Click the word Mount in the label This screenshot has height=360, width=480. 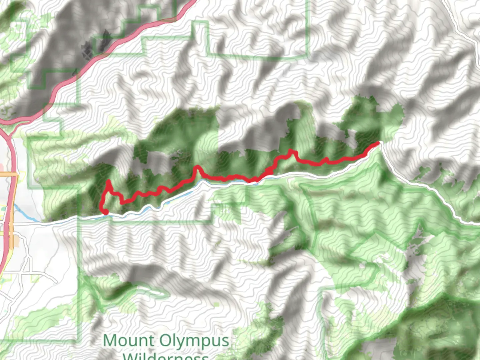pos(129,341)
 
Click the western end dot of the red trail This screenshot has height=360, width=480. pos(105,212)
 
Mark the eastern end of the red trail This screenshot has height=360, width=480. pos(378,143)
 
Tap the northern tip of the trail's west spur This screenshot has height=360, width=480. pos(108,181)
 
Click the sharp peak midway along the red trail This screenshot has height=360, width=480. pos(198,167)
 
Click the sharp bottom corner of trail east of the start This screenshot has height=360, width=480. pos(123,202)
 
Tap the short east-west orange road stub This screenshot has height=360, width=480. pos(8,174)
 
